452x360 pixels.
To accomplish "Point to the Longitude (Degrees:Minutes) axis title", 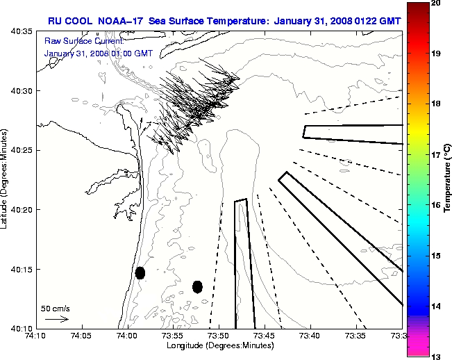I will click(219, 345).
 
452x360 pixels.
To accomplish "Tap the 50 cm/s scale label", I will click(56, 308).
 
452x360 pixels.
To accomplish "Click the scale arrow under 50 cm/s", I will click(56, 319).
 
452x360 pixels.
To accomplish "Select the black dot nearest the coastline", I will click(140, 272).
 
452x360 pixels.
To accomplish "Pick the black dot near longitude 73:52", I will click(197, 286).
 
